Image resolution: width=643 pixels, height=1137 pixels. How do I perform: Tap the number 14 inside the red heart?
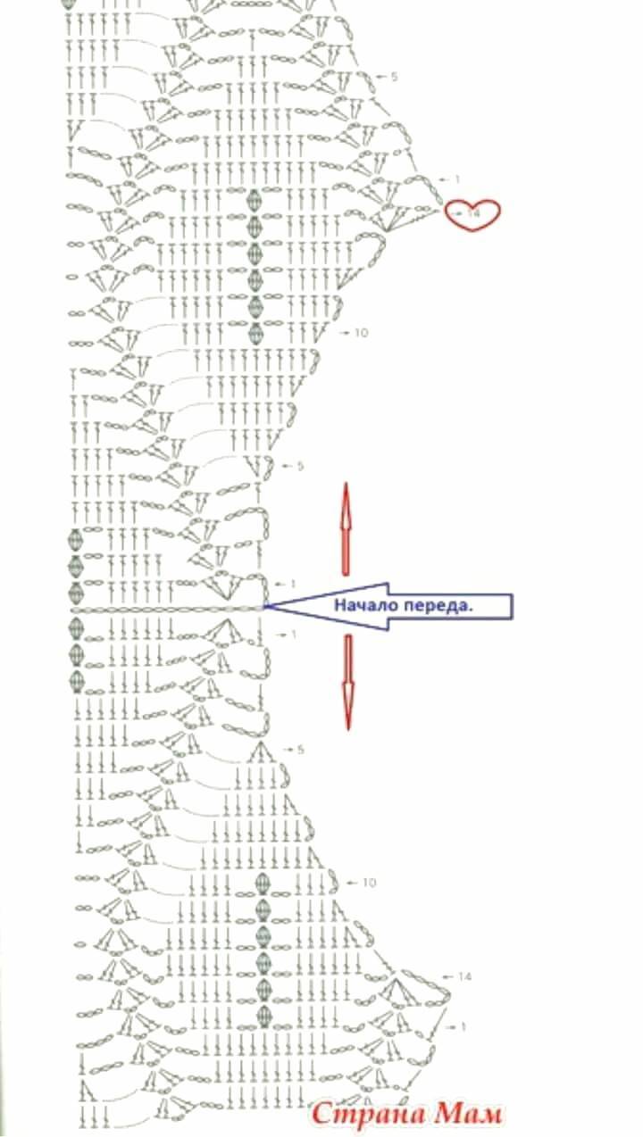[472, 213]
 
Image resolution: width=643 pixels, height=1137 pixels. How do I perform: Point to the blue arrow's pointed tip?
[265, 606]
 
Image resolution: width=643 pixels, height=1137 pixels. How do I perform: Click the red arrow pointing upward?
[346, 528]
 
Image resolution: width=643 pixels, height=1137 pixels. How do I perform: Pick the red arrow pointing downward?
[348, 682]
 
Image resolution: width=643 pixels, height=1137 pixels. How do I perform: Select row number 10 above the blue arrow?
[360, 333]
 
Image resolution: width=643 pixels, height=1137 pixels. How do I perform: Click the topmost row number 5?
[394, 77]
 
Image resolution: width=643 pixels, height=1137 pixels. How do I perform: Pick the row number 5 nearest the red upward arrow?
[300, 466]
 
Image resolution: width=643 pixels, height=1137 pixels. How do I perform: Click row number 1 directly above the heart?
[456, 179]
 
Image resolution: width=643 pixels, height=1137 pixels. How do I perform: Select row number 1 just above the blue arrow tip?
[293, 585]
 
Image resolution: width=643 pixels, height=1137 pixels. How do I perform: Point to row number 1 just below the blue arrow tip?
[293, 635]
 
